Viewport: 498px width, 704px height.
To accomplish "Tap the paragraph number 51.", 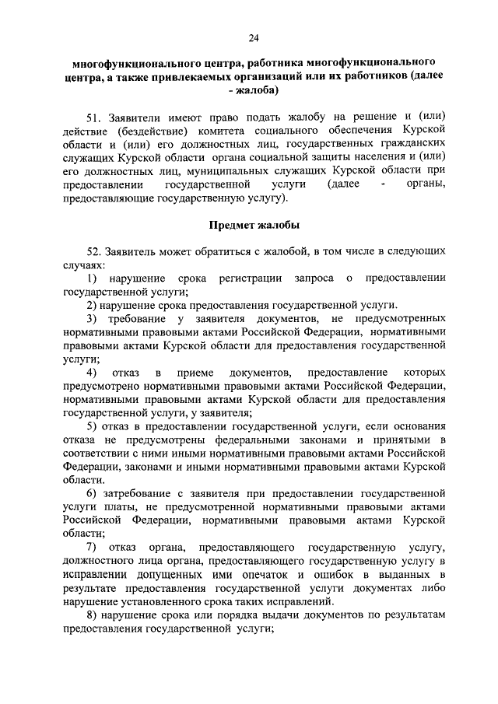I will point(95,117).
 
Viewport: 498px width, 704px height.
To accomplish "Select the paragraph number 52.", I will point(95,252).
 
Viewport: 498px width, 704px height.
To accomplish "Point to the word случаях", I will point(82,265).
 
